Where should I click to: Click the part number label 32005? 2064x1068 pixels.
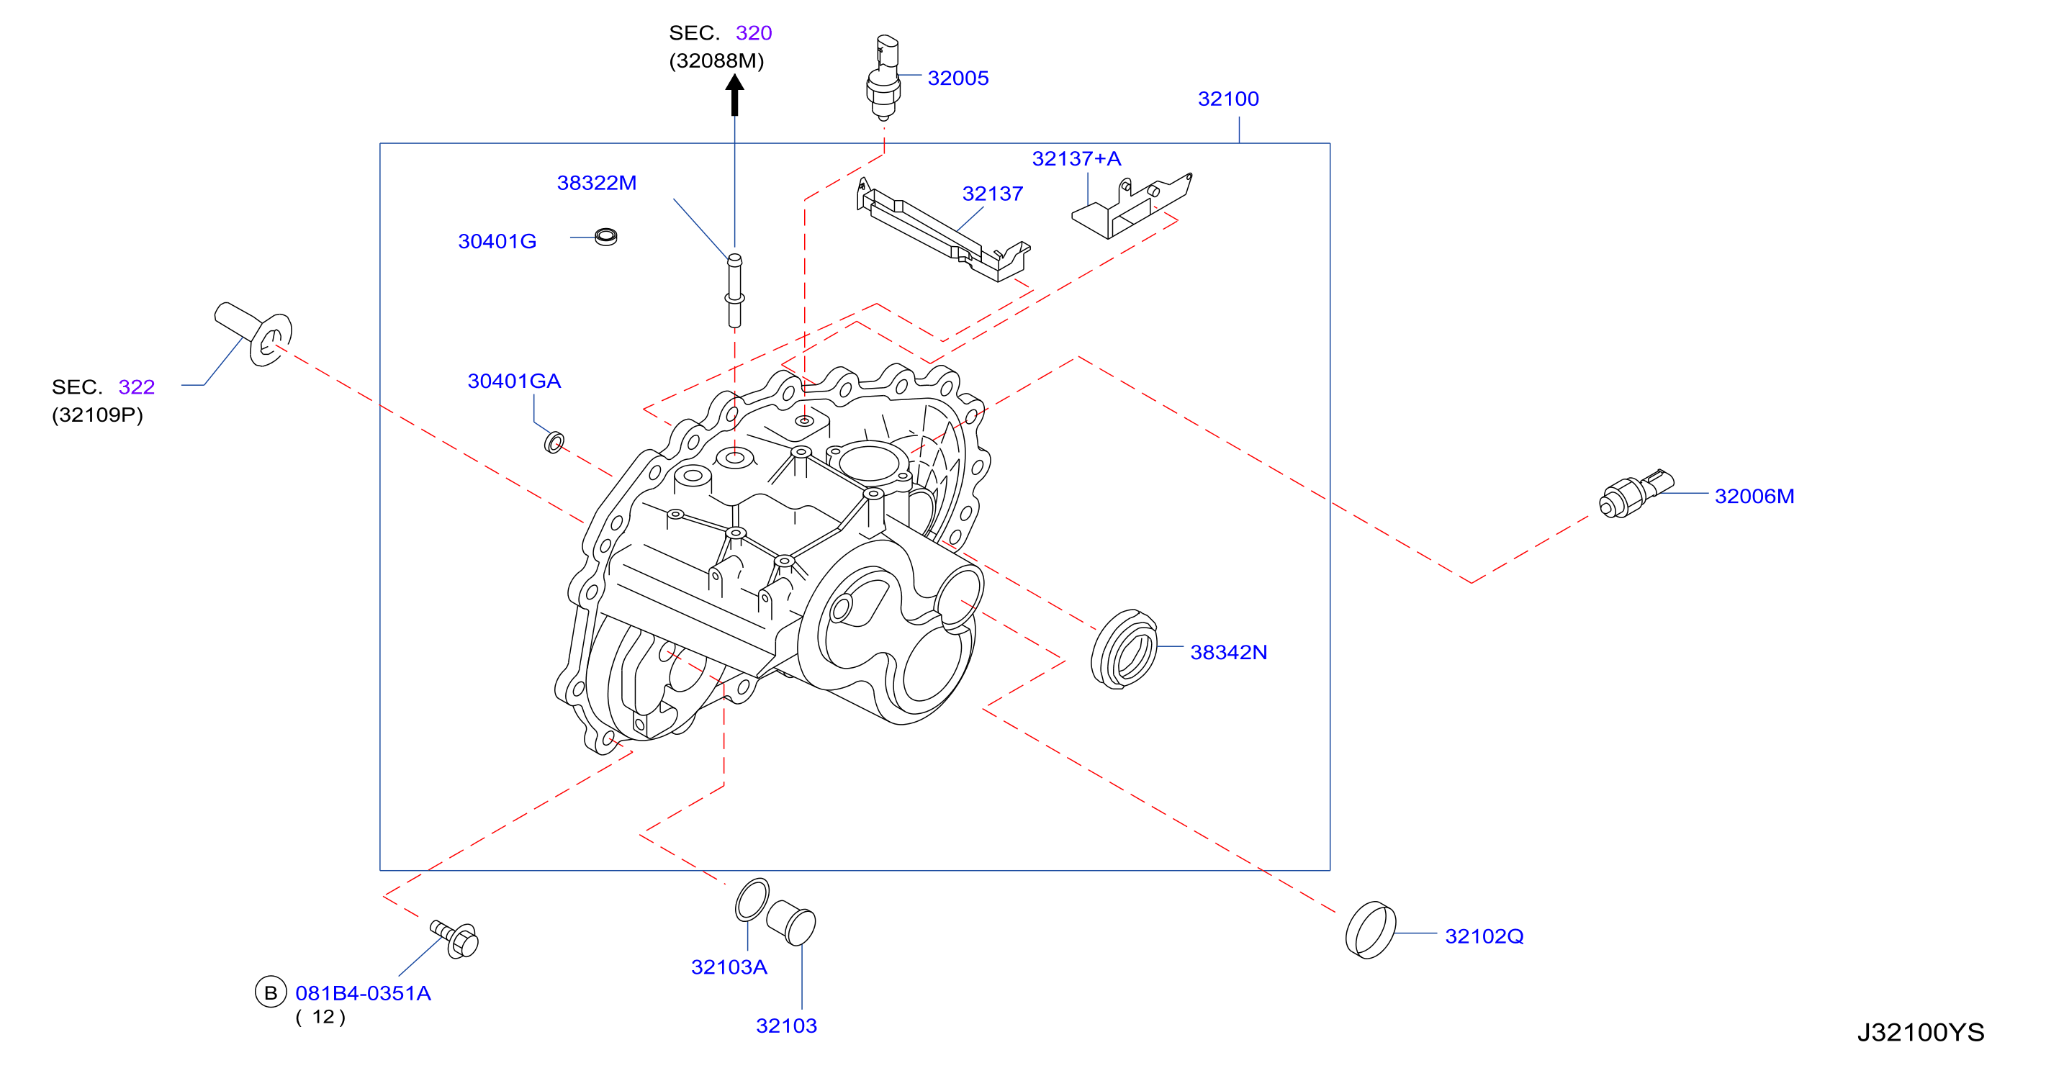(x=957, y=78)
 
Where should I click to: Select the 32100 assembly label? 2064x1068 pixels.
(x=1227, y=99)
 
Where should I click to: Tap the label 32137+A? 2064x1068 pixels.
(x=1076, y=158)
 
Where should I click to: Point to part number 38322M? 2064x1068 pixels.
(x=596, y=183)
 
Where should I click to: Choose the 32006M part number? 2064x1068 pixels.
(x=1754, y=496)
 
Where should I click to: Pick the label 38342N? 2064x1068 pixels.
(x=1228, y=652)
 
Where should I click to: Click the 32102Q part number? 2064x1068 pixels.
(x=1484, y=936)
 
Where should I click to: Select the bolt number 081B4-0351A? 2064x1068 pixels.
(x=363, y=993)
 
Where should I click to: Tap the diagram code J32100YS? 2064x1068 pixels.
(x=1921, y=1032)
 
